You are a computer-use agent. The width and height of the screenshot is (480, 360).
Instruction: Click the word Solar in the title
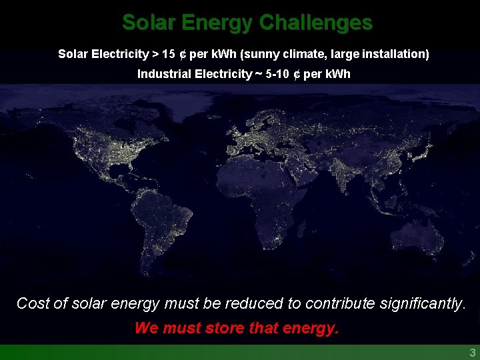pos(144,23)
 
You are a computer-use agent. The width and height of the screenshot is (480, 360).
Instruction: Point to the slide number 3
pos(472,353)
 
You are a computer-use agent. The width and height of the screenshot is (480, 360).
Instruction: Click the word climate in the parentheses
pos(310,54)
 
